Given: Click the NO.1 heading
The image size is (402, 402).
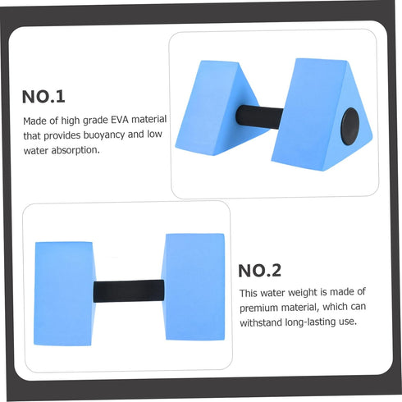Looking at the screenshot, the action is coord(43,97).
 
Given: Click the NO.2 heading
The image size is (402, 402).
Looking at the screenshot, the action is coord(259,271).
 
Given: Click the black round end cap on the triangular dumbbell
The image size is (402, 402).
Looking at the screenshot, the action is coord(349,126).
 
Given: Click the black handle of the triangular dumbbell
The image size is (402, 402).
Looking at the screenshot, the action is coord(259,116).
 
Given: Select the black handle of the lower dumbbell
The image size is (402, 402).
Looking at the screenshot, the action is coord(129,291).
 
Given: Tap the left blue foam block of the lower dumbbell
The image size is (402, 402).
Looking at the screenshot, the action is coord(65,294).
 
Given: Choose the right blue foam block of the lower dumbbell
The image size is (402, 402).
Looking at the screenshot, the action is coord(194,287).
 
